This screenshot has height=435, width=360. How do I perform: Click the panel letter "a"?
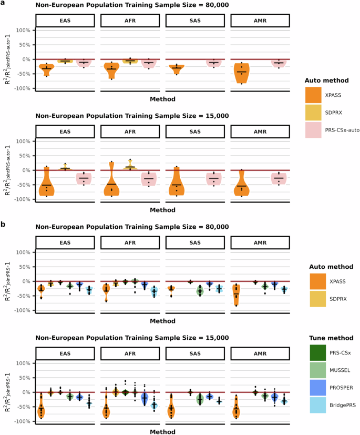click(x=3, y=3)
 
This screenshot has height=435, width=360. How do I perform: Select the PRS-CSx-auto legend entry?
click(x=342, y=129)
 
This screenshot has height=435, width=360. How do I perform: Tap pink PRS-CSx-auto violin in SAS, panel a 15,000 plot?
click(x=213, y=179)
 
